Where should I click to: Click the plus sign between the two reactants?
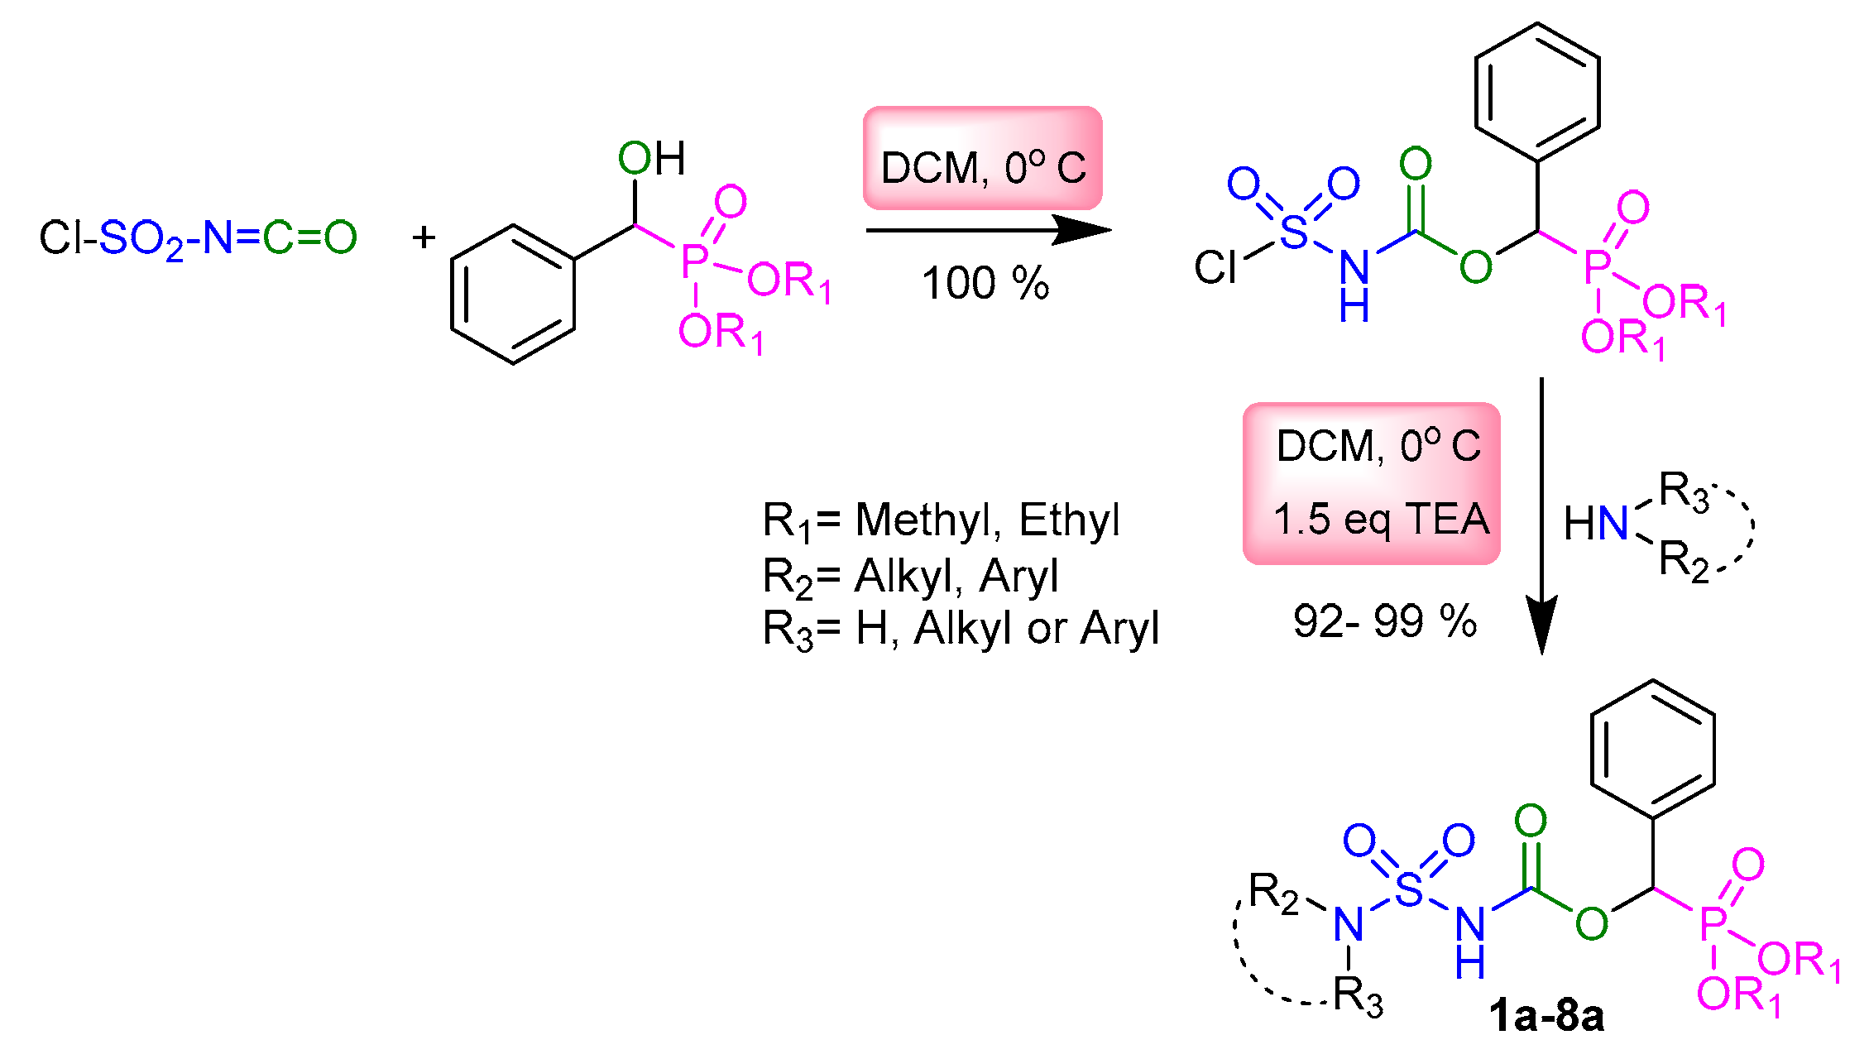424,237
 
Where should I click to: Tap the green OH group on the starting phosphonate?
652,158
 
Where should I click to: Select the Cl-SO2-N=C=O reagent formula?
198,238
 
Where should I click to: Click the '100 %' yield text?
985,284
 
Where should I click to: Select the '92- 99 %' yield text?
1384,621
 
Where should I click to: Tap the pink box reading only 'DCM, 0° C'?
983,159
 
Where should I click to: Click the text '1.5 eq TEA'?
1381,520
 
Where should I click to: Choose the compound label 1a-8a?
1546,1015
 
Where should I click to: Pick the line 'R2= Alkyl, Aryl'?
910,576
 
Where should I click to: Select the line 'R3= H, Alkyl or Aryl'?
960,629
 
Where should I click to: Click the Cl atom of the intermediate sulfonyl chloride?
1215,267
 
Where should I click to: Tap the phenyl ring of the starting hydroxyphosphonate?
513,294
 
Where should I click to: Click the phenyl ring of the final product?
1652,749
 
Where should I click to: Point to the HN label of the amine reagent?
1595,524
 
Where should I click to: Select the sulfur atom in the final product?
1408,889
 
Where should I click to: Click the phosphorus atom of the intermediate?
1598,266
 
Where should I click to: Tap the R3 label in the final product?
1357,995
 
